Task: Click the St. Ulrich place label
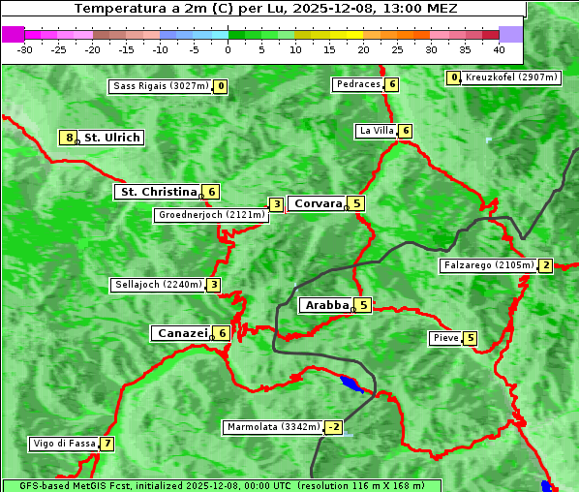(x=111, y=138)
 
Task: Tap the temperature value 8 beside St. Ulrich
(x=68, y=138)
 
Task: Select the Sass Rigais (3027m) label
(x=160, y=86)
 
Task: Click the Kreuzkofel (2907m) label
(x=511, y=77)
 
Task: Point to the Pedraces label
(x=357, y=84)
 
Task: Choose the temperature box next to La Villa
(x=406, y=131)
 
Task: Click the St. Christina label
(x=157, y=192)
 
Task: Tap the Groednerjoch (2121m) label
(x=211, y=215)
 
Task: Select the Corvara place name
(x=318, y=203)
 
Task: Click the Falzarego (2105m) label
(x=488, y=265)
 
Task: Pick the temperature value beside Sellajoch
(x=213, y=285)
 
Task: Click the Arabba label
(x=326, y=305)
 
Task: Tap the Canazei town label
(x=181, y=333)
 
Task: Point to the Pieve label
(x=445, y=338)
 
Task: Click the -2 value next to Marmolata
(x=334, y=427)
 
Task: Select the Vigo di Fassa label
(x=64, y=444)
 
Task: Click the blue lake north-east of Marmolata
(x=352, y=384)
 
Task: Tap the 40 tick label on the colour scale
(x=499, y=48)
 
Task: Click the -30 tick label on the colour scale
(x=25, y=48)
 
